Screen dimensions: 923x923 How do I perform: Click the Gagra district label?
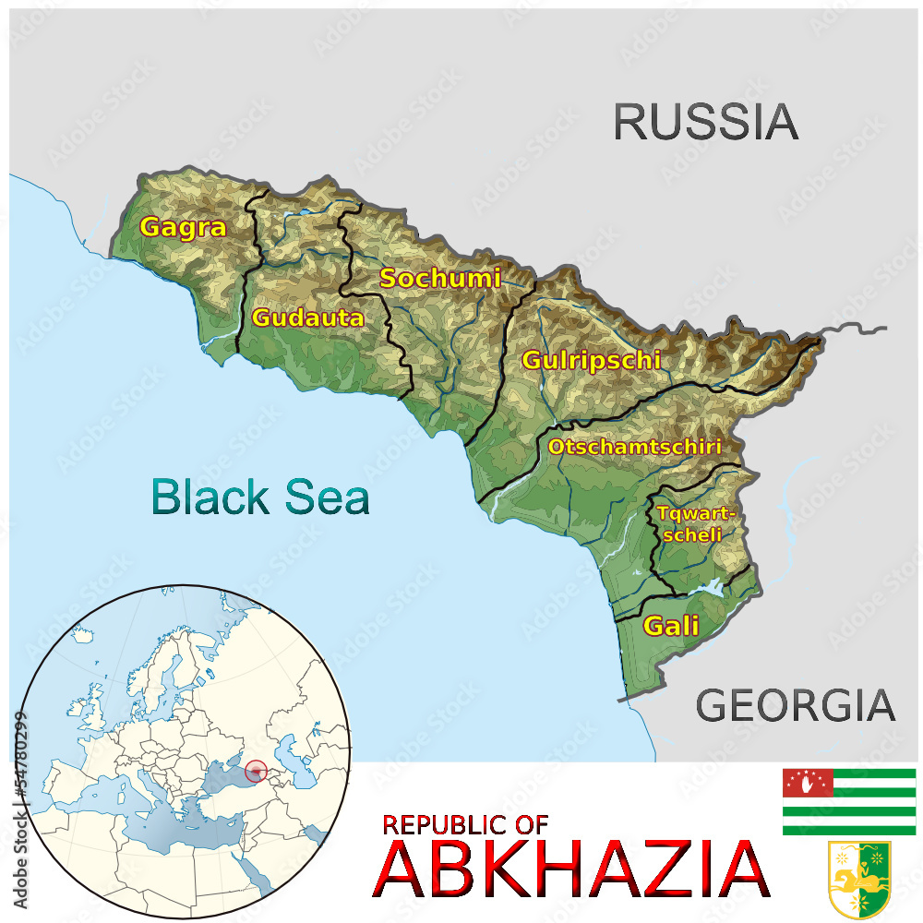(x=183, y=227)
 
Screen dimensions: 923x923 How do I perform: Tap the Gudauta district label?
(x=307, y=318)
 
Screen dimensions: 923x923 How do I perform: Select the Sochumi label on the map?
(x=440, y=278)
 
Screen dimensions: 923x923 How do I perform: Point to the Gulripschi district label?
(x=592, y=360)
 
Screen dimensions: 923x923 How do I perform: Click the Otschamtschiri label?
(x=634, y=447)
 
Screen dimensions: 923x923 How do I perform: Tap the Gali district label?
(x=671, y=626)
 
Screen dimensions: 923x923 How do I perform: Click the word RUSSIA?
(x=706, y=122)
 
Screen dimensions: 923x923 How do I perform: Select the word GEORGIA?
(x=795, y=706)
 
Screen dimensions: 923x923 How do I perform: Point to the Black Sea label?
(x=260, y=497)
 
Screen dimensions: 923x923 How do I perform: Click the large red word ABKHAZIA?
(x=571, y=870)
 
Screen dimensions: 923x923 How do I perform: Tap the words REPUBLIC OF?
(x=465, y=824)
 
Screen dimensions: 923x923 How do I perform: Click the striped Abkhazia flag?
(x=849, y=801)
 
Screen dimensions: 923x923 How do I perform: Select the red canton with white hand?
(x=808, y=783)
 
